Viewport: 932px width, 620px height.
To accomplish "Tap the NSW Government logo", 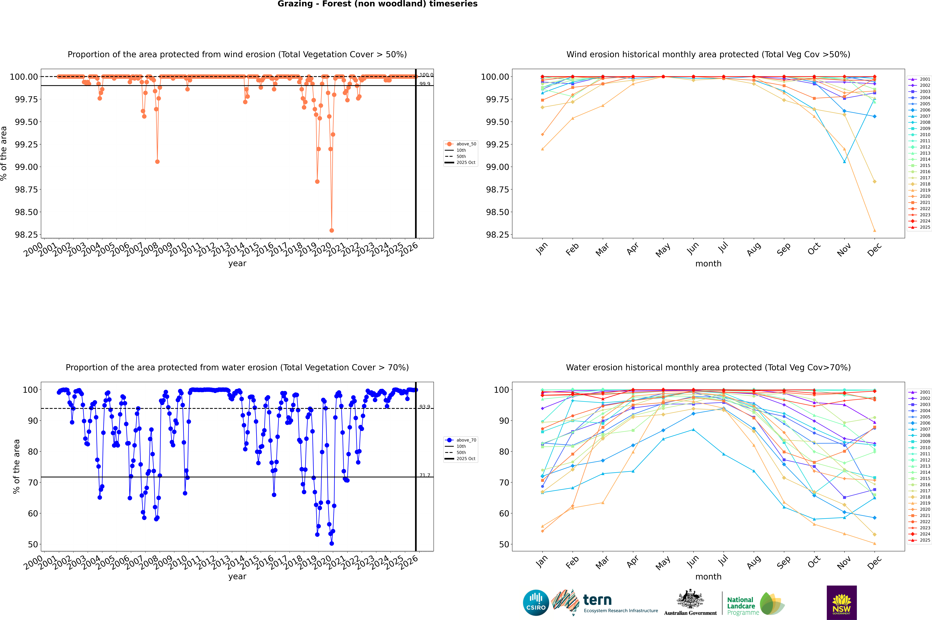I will pos(842,603).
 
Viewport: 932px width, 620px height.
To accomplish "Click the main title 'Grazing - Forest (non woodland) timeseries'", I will pos(377,4).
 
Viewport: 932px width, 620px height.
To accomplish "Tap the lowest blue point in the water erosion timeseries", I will pos(331,543).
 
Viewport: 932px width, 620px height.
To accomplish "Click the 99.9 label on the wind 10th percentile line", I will pos(425,84).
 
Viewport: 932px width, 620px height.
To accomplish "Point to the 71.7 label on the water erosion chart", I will pos(425,475).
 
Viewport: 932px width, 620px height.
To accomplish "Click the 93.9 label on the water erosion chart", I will pos(425,407).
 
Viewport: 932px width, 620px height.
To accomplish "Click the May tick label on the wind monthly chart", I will pos(663,250).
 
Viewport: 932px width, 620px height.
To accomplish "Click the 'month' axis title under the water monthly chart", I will pos(708,577).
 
